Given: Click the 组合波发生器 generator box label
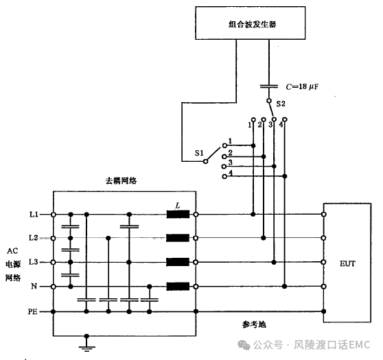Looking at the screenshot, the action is point(253,24).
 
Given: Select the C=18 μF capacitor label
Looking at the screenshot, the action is point(302,86).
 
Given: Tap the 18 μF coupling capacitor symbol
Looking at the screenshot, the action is point(268,86).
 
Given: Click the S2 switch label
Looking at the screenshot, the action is point(281,104).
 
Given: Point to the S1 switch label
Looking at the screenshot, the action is point(199,153).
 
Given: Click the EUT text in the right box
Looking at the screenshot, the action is point(347,263).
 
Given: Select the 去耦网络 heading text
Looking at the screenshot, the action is point(121,180).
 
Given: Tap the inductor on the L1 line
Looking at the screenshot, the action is point(178,214).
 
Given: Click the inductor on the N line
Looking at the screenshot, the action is point(178,287).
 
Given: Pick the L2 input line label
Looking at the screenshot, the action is point(34,237).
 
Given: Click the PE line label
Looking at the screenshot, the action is point(32,312).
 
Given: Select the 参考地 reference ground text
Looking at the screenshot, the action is point(254,324).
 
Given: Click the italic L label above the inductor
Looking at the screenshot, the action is point(178,206).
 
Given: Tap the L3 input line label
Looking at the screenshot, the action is point(34,262).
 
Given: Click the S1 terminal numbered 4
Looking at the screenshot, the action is point(224,176).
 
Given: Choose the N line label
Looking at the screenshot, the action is point(34,286).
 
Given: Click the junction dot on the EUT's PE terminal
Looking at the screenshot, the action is point(324,311).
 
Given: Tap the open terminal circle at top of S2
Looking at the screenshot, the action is point(268,101).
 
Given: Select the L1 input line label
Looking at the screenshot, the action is point(34,215).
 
